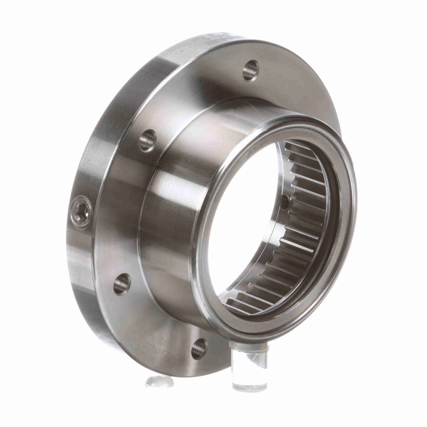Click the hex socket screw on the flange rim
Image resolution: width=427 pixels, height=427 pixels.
(x=81, y=211)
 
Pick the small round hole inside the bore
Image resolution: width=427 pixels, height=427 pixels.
(x=285, y=202)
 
